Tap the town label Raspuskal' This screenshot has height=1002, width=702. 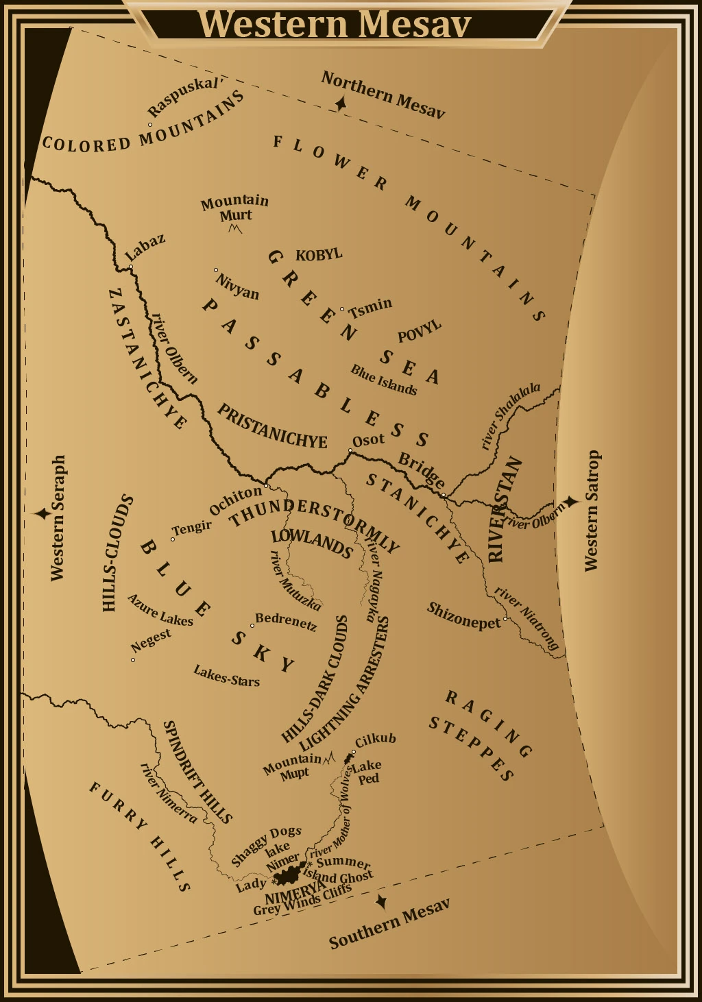[185, 97]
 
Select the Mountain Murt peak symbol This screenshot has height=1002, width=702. [235, 229]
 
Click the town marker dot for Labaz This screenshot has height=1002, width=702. [130, 267]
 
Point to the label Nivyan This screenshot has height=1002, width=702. [237, 286]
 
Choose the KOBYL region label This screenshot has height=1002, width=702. [319, 255]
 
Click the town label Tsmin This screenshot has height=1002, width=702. [370, 308]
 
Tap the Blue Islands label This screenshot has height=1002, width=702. [383, 380]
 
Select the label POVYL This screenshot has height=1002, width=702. [419, 332]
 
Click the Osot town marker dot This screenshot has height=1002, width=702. [350, 450]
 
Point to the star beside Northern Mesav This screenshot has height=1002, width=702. [340, 104]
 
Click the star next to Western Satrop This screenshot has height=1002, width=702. [570, 502]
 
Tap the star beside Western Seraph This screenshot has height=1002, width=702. [43, 513]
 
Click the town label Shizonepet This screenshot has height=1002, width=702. [463, 615]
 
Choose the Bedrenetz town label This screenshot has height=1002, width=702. [286, 621]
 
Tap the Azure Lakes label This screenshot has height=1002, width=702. [160, 610]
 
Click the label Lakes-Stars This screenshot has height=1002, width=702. [226, 675]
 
